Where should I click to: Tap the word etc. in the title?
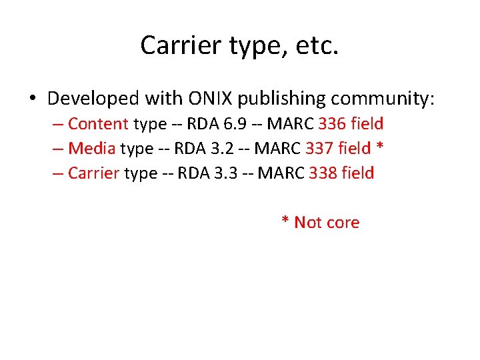coord(315,45)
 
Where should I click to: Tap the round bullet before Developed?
coord(33,99)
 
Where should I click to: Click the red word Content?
coord(98,123)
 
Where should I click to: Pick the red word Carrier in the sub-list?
coord(93,173)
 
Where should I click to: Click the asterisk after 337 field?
coord(379,147)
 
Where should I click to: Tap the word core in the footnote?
coord(343,222)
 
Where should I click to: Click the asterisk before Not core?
coord(285,221)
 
